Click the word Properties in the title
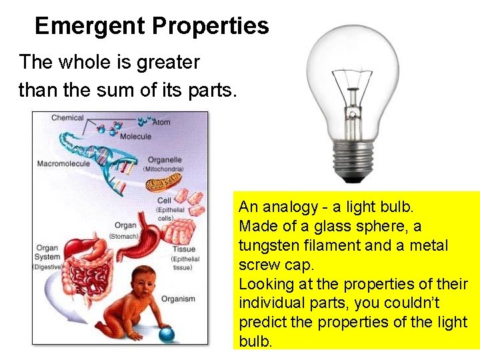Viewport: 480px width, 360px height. pos(210,26)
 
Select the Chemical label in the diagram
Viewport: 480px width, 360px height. pos(67,118)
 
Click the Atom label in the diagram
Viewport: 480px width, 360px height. pos(161,122)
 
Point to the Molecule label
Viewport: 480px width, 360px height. pos(135,136)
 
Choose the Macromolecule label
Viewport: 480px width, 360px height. pos(63,163)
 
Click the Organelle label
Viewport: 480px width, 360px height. pos(165,160)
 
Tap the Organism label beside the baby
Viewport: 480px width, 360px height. pos(178,299)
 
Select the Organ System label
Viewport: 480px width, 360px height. pos(47,253)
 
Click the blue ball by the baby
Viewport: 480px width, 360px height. pos(165,333)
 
